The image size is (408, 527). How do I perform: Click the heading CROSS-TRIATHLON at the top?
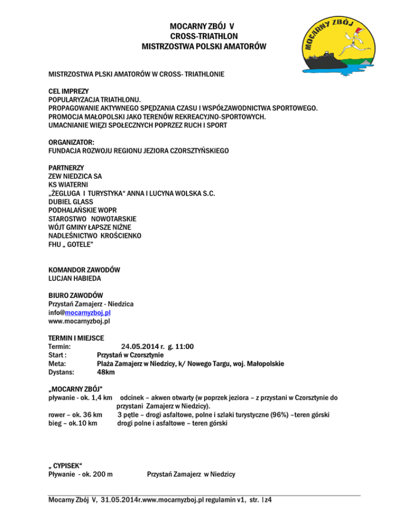coord(204,36)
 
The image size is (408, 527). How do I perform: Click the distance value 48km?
coord(106,372)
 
